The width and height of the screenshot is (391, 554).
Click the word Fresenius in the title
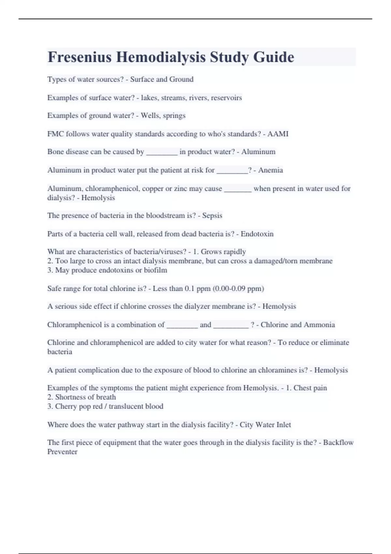(80, 57)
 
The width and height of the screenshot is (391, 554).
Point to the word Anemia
(270, 170)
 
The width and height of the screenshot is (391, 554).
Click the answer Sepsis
(212, 215)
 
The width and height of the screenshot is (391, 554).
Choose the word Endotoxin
(257, 234)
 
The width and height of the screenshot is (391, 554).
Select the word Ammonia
(319, 325)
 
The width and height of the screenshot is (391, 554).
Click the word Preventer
(62, 452)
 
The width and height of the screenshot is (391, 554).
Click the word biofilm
(155, 270)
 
